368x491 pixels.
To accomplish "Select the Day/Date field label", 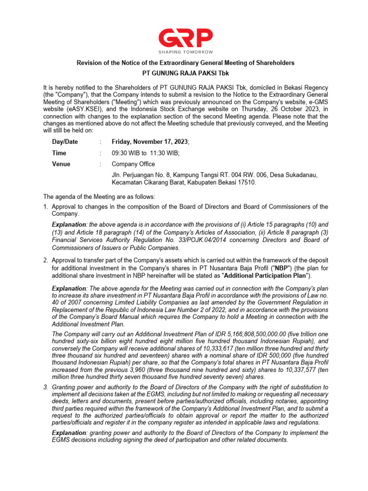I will [x=65, y=142].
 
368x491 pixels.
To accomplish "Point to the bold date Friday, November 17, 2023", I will [x=150, y=142].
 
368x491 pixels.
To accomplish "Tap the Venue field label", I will [x=61, y=164].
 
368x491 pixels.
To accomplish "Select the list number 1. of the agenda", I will [x=46, y=207].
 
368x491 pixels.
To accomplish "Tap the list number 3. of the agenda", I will [x=46, y=387].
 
